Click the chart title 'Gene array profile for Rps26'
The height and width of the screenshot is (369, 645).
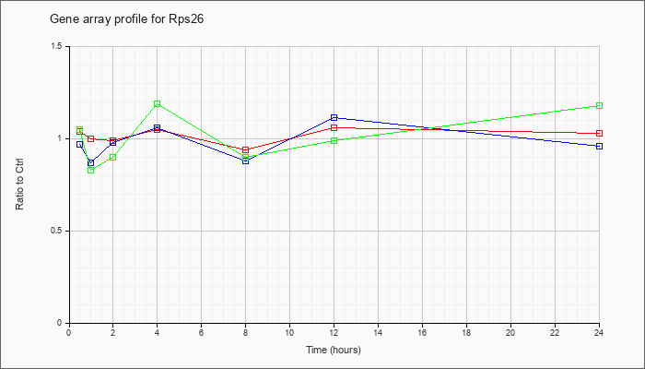[x=127, y=19]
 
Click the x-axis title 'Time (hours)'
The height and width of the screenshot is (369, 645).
[x=334, y=350]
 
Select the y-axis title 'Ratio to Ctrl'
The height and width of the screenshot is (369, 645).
[x=19, y=184]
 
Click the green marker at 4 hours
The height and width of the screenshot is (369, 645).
[x=158, y=103]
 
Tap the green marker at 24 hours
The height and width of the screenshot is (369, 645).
[x=599, y=105]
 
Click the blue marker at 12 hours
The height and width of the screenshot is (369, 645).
[x=334, y=118]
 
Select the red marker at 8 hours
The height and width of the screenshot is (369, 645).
[x=246, y=149]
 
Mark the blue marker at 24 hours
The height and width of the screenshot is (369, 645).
[x=599, y=146]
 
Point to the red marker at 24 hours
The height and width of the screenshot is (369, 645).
[x=599, y=134]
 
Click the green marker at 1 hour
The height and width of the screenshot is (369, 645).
[x=91, y=170]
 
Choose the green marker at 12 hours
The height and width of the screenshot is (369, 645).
[x=334, y=140]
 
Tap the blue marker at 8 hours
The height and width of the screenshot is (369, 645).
[x=246, y=161]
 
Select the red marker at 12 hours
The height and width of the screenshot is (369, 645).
[x=334, y=127]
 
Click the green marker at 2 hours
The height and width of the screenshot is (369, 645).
[x=113, y=158]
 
